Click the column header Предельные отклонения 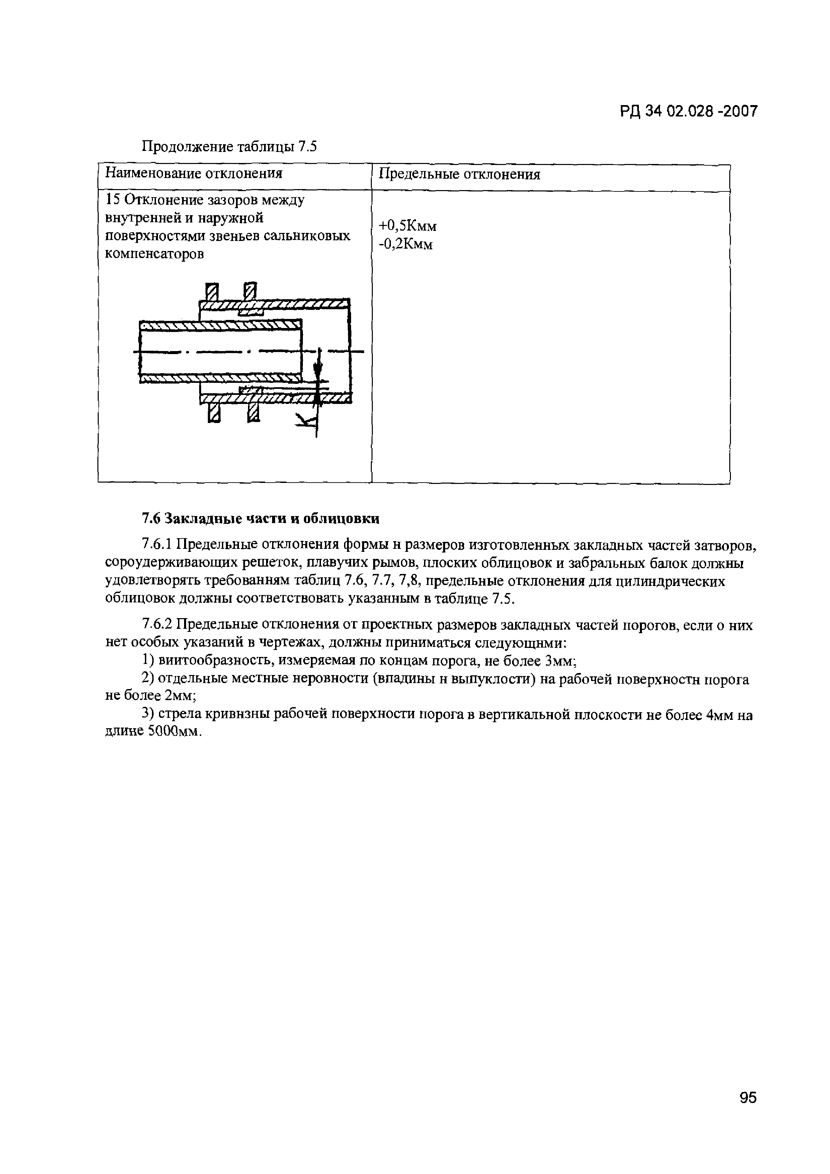[x=459, y=175]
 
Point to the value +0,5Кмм [x=408, y=226]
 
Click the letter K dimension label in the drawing [x=306, y=421]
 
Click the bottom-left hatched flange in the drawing [x=214, y=412]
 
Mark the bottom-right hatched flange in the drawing [x=253, y=412]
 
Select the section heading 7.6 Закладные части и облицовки [x=260, y=519]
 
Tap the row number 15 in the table [x=111, y=200]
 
